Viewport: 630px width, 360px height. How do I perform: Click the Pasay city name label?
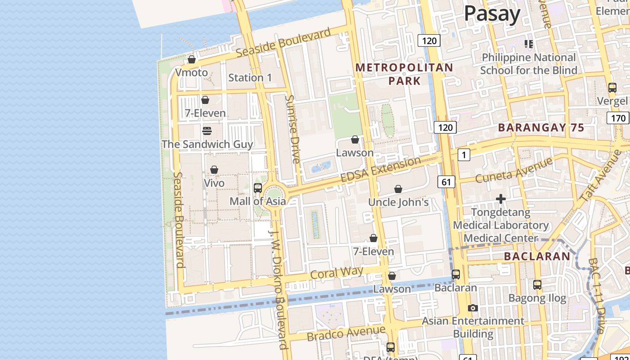492,14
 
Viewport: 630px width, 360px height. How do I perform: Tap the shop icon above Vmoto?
192,59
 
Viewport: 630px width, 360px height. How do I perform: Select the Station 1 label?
250,77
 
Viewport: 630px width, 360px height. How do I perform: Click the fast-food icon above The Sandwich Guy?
207,130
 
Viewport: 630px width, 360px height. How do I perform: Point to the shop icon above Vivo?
214,170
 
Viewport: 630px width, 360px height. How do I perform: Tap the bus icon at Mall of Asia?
258,188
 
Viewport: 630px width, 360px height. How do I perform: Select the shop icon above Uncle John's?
398,189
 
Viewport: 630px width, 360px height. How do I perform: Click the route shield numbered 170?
618,118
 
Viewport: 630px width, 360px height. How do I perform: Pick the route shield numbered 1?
464,155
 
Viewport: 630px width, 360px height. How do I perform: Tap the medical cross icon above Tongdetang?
501,198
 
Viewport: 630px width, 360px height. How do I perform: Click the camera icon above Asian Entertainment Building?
472,308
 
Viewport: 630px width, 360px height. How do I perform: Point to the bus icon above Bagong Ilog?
537,285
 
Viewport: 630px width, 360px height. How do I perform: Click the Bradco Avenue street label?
346,333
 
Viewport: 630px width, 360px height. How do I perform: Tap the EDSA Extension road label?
381,170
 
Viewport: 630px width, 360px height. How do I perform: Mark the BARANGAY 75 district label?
541,127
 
